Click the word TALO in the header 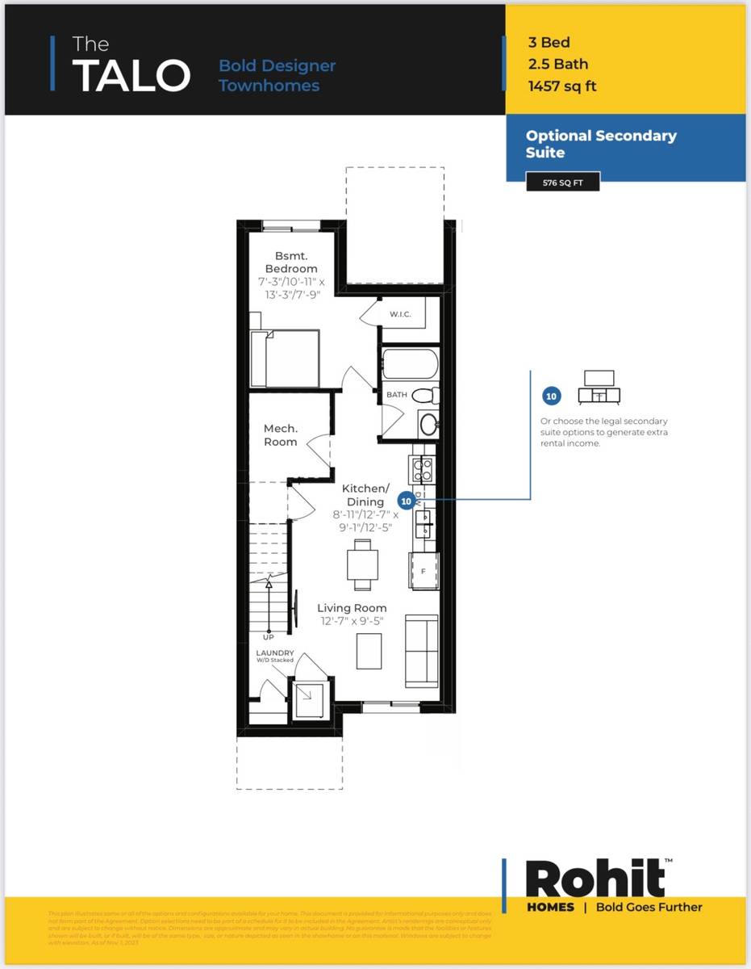131,74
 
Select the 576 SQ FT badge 562,182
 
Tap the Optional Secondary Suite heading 601,144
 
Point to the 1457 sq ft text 562,86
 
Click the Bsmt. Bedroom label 291,262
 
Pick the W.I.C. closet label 400,314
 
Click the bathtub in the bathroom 409,363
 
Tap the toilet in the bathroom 425,396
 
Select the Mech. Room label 281,435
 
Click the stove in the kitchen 423,469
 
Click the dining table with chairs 362,564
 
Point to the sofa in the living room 420,650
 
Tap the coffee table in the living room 369,651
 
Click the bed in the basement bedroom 284,358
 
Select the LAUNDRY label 275,652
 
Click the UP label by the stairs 268,637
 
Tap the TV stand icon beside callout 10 599,387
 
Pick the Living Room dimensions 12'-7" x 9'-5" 351,622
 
